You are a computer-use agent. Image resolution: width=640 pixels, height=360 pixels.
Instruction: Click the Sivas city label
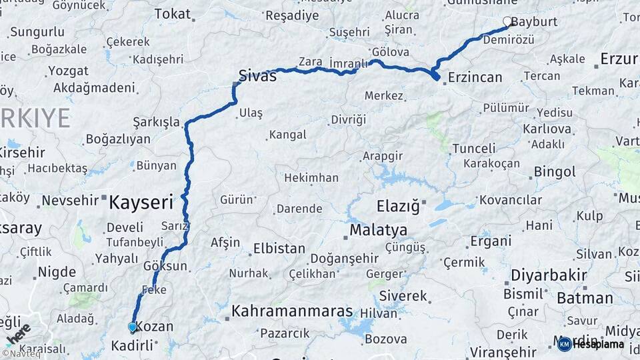point(258,76)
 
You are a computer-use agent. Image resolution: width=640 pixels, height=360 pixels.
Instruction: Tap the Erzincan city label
point(475,77)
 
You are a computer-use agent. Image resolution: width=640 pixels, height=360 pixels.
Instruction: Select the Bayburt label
point(535,22)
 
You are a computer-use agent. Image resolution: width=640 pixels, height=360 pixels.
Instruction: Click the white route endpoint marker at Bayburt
point(507,21)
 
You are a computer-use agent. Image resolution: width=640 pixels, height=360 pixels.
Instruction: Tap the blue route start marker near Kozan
point(132,327)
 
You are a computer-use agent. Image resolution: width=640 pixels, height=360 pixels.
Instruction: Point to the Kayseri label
point(141,200)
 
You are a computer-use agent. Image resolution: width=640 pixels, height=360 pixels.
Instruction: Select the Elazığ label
point(398,206)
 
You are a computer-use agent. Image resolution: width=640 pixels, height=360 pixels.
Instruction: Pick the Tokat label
point(172,14)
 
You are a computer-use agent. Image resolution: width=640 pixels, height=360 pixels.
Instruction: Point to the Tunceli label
point(474,148)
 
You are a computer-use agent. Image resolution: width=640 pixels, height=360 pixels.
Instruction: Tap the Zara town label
point(310,62)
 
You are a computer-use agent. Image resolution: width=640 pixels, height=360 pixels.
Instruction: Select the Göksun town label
point(165,266)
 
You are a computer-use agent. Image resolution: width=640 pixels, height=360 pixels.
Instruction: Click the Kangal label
point(287,135)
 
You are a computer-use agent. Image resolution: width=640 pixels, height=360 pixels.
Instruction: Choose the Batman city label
point(584,298)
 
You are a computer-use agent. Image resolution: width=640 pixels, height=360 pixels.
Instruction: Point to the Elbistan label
point(279,249)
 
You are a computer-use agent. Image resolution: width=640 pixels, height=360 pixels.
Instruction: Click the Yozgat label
point(50,70)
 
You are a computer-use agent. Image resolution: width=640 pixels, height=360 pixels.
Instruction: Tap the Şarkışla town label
point(157,122)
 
